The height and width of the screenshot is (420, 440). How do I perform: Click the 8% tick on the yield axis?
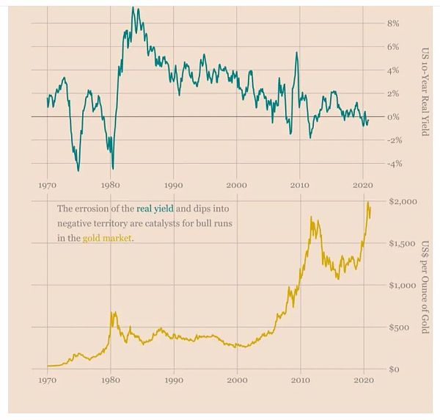click(392, 23)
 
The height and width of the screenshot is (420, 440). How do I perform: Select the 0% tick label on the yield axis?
click(393, 117)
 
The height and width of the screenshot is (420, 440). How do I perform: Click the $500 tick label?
click(400, 327)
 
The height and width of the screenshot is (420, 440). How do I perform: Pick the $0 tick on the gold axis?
click(395, 369)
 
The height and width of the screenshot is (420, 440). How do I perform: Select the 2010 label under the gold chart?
click(300, 382)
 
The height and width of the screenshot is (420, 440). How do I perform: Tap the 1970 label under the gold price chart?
click(47, 382)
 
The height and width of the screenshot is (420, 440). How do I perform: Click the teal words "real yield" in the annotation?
click(155, 209)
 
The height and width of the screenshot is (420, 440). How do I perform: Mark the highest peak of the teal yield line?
click(133, 8)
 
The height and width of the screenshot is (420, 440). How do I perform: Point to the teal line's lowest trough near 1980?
click(113, 168)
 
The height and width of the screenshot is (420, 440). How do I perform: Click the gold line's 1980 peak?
click(113, 313)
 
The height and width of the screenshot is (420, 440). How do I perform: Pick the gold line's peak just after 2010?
click(312, 217)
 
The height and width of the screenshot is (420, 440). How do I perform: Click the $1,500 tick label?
click(401, 243)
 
